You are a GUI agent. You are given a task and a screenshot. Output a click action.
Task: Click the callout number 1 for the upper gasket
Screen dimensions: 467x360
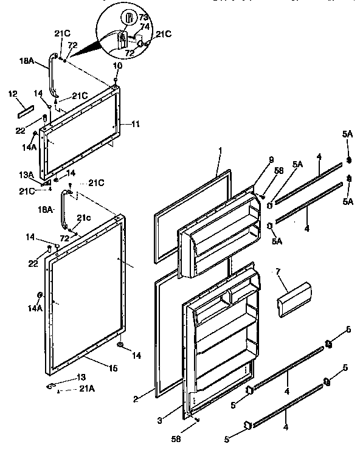pos(220,150)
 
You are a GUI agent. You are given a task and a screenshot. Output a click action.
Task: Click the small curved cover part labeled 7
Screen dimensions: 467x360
pos(294,299)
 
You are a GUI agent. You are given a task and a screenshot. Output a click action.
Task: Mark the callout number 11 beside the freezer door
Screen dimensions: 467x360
pos(136,124)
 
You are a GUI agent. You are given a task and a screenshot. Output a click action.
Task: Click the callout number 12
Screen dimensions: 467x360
pos(12,94)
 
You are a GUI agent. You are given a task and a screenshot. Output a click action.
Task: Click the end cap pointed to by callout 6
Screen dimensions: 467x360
pos(328,345)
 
